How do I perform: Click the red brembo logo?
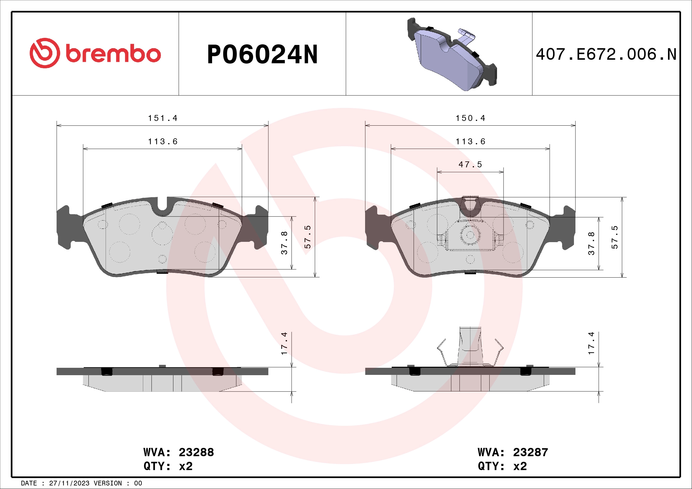coord(95,53)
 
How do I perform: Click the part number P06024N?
coord(262,55)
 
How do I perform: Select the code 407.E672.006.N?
coord(606,55)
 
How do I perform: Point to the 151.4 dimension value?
coord(163,118)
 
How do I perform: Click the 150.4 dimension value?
coord(470,118)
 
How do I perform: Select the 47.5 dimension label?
coord(470,165)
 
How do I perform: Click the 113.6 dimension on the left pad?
coord(163,142)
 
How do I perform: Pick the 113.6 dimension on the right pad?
coord(470,142)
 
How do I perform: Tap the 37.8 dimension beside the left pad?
coord(284,243)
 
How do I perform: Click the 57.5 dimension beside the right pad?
coord(614,237)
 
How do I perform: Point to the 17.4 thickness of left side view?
coord(284,343)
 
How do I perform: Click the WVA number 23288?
coord(196,453)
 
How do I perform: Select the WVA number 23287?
coord(530,453)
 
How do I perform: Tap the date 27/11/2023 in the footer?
coord(69,483)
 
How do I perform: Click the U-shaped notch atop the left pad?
coord(162,205)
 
